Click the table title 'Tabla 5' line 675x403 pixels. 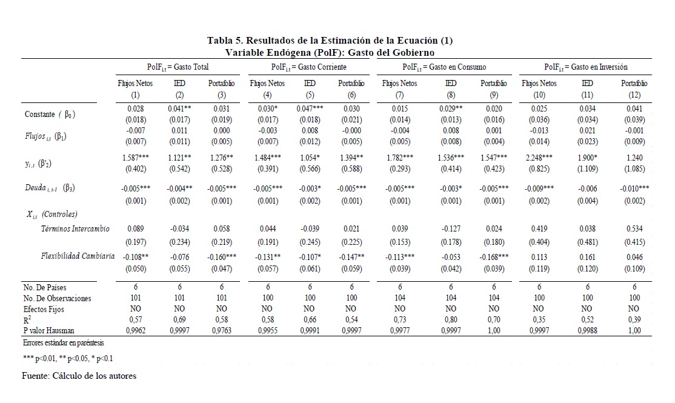(330, 41)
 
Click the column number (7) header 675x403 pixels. (400, 95)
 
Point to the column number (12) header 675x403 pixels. (634, 95)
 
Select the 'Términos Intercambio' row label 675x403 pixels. (75, 228)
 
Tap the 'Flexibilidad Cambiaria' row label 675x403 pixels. (78, 256)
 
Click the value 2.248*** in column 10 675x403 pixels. (539, 158)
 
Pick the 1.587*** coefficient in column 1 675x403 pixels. (136, 158)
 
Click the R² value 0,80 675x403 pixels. (450, 320)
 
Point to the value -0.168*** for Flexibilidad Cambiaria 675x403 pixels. (493, 257)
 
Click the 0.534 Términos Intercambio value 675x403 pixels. (634, 230)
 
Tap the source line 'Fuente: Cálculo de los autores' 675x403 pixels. (79, 376)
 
